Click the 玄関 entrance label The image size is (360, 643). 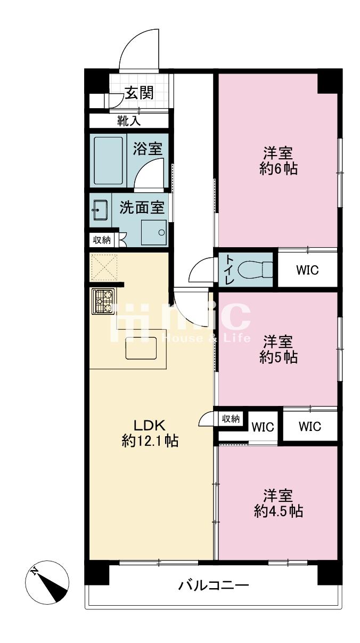[x=140, y=93]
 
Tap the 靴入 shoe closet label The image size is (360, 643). [x=129, y=121]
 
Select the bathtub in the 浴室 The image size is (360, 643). [x=109, y=161]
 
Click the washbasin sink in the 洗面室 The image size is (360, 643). [x=100, y=210]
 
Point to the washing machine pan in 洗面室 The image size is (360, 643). [x=153, y=232]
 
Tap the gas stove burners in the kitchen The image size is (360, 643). [x=103, y=301]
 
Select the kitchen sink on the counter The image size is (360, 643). [x=141, y=348]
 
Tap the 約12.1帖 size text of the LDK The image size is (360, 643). [x=150, y=441]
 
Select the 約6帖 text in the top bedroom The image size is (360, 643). [x=278, y=168]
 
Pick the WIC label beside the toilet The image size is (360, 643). [x=307, y=270]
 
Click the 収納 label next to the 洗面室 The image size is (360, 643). [x=102, y=240]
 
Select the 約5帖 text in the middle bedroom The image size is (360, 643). [x=278, y=357]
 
